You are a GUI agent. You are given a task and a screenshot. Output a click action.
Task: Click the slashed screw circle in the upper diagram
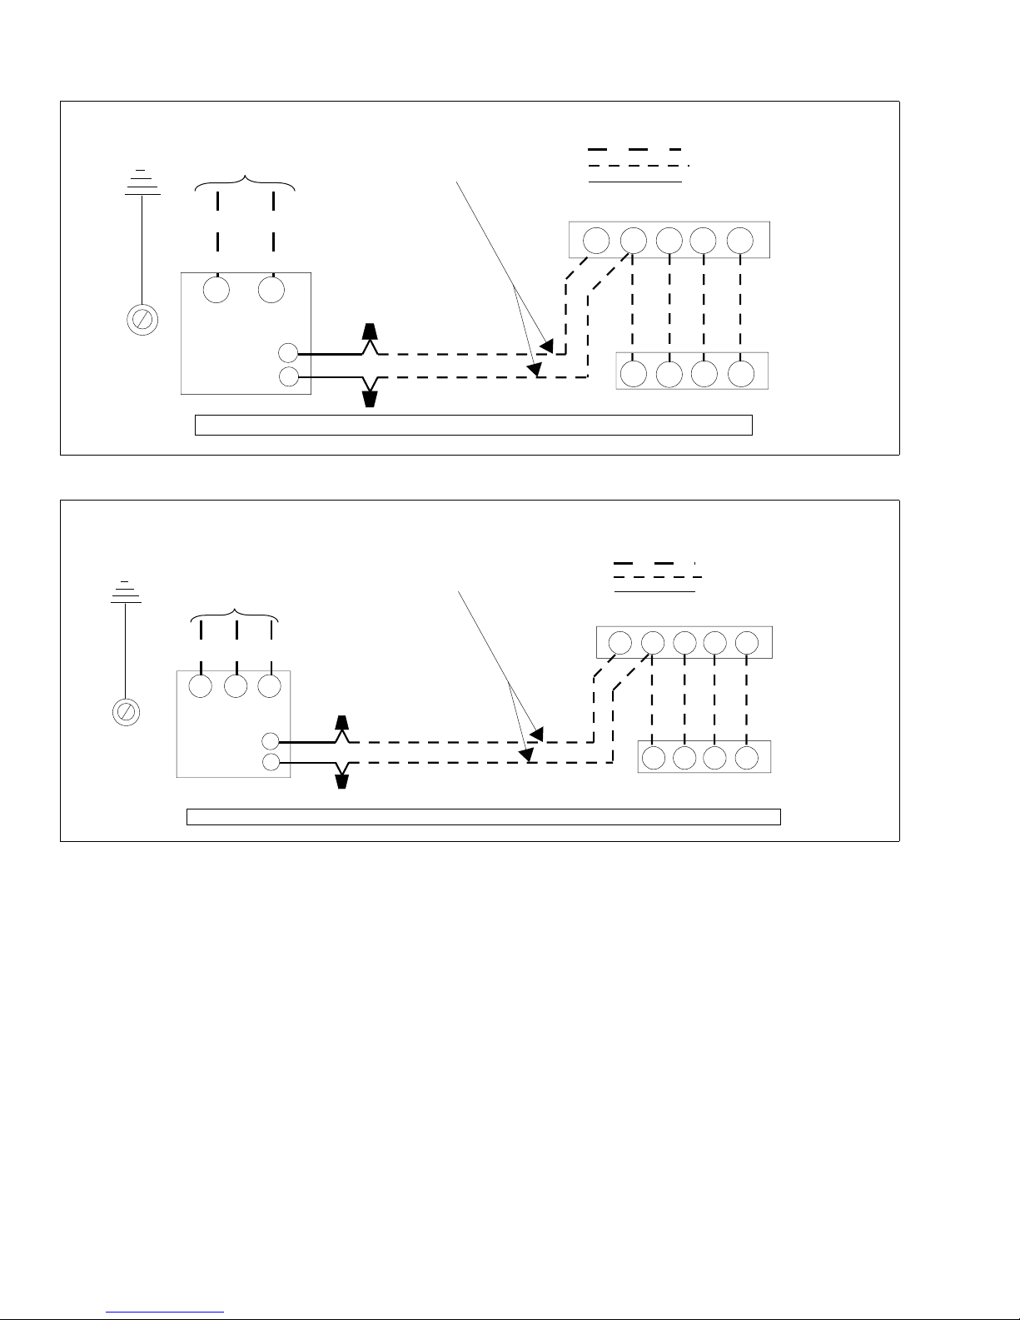coord(142,319)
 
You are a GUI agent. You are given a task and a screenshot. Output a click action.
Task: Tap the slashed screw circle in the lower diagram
coord(125,711)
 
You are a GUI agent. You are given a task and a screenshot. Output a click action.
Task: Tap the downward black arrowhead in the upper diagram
coord(371,398)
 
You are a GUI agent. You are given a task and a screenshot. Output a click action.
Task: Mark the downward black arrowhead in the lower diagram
coord(341,780)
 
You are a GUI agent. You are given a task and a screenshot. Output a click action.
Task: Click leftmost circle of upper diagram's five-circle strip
coord(596,240)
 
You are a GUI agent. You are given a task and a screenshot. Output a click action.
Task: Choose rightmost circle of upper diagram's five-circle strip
coord(740,240)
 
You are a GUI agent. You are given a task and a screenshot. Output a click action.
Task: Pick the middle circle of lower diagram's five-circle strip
coord(684,642)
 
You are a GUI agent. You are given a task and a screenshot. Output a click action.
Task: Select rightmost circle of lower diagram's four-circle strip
coord(747,757)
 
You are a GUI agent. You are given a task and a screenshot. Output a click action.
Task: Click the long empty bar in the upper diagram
coord(473,425)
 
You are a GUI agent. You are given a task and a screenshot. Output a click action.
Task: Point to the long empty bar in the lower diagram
coord(483,816)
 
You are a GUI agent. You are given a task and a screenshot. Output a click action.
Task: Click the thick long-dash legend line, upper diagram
coord(634,149)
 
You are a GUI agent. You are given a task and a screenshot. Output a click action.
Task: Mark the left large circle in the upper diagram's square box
coord(216,290)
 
